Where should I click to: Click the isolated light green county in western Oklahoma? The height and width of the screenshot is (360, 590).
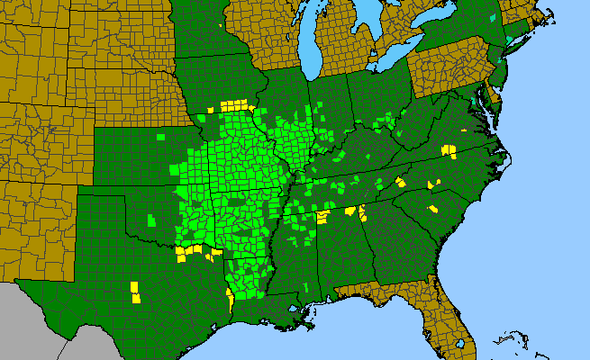[x=151, y=220]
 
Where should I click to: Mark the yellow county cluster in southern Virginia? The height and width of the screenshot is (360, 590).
[x=449, y=149]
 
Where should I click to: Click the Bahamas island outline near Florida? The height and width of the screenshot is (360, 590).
[x=513, y=342]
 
